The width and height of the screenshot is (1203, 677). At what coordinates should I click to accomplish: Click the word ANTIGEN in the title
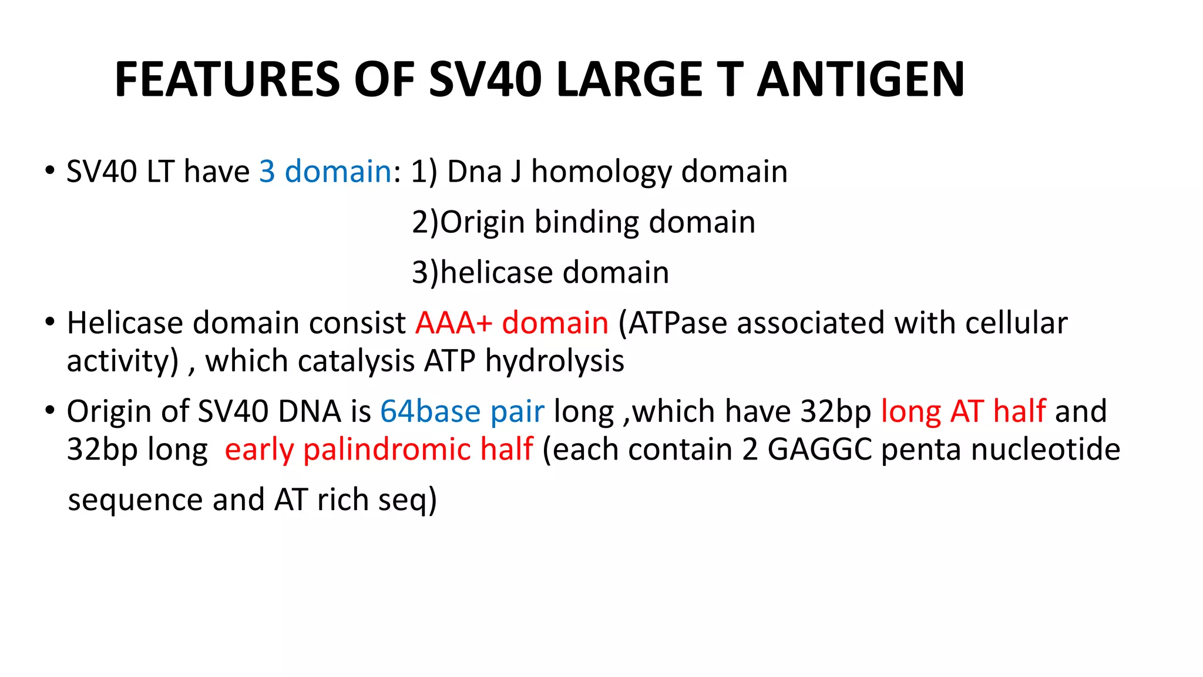click(861, 79)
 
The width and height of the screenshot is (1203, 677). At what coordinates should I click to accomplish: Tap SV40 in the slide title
click(485, 79)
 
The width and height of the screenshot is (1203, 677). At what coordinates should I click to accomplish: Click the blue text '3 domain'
click(325, 172)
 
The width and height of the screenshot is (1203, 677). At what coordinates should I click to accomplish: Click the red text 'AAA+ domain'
click(512, 323)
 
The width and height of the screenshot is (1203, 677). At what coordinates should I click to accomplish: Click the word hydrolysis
click(555, 361)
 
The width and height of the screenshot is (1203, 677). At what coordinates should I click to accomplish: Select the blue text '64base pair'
click(462, 411)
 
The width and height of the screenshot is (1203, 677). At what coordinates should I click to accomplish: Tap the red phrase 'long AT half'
click(963, 411)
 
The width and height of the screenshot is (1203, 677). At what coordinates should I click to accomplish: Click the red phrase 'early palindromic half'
click(379, 450)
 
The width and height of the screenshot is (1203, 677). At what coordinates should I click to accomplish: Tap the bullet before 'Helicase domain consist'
click(50, 322)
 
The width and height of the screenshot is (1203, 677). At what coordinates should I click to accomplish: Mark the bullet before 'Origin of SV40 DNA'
click(50, 410)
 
